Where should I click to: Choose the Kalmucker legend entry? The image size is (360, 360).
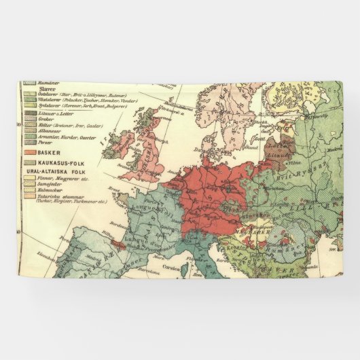pos(50,191)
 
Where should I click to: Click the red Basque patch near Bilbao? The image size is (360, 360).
pos(117,242)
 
